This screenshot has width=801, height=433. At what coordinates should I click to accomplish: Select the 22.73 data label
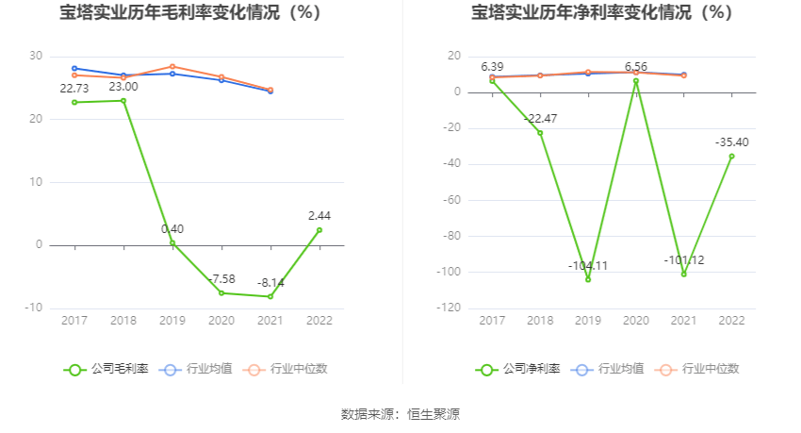[74, 89]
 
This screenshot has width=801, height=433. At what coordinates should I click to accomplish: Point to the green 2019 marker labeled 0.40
[172, 242]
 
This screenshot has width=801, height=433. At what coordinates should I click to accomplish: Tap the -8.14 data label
[271, 282]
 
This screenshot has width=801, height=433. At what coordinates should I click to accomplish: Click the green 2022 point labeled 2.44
[319, 230]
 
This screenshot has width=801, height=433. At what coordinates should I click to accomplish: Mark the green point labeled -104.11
[588, 279]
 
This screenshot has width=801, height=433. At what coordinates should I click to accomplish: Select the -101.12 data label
[684, 260]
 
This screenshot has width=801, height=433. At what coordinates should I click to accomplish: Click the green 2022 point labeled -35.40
[731, 157]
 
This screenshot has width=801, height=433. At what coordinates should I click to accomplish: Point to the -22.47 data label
[540, 118]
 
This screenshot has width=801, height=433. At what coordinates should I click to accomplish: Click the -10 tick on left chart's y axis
[34, 308]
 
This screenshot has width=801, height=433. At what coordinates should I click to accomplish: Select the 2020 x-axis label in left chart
[221, 321]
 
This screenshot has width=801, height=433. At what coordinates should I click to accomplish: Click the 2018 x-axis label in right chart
[540, 321]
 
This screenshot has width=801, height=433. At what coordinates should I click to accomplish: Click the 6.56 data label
[636, 67]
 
